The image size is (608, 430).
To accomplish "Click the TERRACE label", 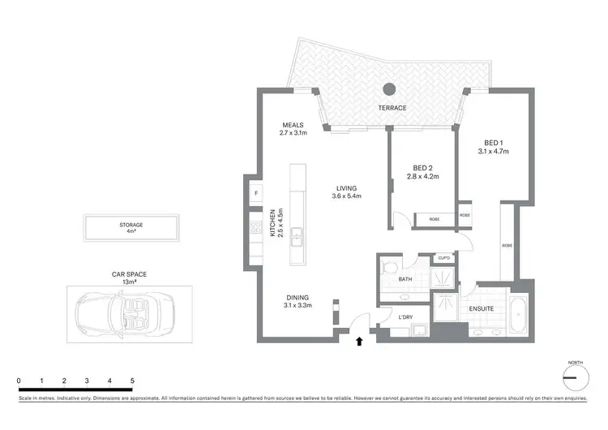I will pos(392,108).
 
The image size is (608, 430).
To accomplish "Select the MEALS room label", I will pos(293,129).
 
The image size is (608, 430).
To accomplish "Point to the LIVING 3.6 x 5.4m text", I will pos(346,191).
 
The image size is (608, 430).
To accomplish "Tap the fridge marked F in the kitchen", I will pos(256,193).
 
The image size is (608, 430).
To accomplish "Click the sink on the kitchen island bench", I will pos(297,238).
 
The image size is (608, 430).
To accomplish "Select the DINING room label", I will pos(298,301).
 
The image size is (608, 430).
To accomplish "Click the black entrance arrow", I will pos(360,341).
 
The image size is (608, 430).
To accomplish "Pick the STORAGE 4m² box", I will pos(131,228).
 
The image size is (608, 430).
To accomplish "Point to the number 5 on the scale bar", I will pos(131,380).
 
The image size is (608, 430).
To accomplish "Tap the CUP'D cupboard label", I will pos(443,258).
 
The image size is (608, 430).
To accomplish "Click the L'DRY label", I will pos(406,316).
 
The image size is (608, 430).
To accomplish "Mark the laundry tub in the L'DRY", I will pos(420,329).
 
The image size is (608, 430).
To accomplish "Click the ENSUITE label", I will pos(482,308).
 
